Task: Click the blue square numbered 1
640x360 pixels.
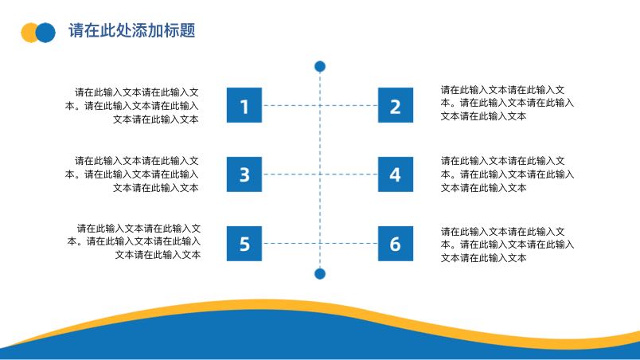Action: pos(244,105)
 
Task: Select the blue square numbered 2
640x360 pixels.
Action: pos(396,105)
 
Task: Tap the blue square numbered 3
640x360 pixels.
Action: pos(244,174)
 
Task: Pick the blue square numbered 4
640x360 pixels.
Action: pos(396,174)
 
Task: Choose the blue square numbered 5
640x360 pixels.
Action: pos(244,244)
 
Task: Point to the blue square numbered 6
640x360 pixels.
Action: pos(396,244)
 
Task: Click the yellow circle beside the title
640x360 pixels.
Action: pos(29,33)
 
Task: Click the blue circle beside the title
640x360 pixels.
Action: pos(45,33)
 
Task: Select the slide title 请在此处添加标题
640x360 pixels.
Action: pos(132,30)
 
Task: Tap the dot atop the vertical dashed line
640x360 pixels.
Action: pos(320,66)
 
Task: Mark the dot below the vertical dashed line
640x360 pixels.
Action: pos(320,274)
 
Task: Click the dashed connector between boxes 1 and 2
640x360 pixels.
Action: pos(320,105)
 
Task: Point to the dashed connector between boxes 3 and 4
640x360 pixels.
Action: pos(320,174)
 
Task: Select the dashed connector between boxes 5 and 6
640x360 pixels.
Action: pos(320,243)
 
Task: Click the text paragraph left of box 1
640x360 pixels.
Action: pos(132,106)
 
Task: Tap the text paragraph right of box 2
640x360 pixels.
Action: pos(507,103)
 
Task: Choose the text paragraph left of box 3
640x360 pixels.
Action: pos(132,174)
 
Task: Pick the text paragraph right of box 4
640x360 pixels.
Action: pos(507,174)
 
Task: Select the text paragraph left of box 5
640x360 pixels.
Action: pos(134,241)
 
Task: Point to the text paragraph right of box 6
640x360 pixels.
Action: pos(507,245)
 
